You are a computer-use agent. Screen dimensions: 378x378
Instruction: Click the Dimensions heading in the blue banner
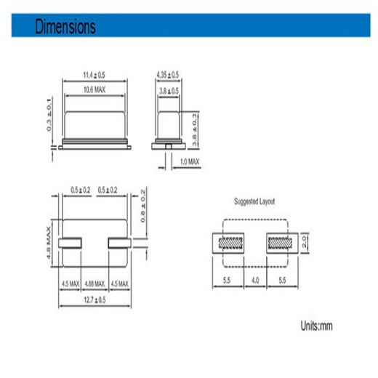[x=65, y=28]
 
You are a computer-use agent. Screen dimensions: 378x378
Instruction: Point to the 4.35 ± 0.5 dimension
[x=168, y=74]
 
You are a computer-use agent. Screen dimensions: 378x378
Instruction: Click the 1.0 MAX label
[x=188, y=161]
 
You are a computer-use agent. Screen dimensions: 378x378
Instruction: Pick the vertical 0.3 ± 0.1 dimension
[x=51, y=115]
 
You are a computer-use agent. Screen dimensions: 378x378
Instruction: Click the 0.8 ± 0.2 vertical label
[x=142, y=205]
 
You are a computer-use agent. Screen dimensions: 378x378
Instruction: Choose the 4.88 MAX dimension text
[x=95, y=282]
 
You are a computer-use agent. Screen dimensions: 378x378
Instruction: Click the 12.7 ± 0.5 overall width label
[x=95, y=299]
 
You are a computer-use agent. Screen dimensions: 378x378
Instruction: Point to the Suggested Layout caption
[x=254, y=201]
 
